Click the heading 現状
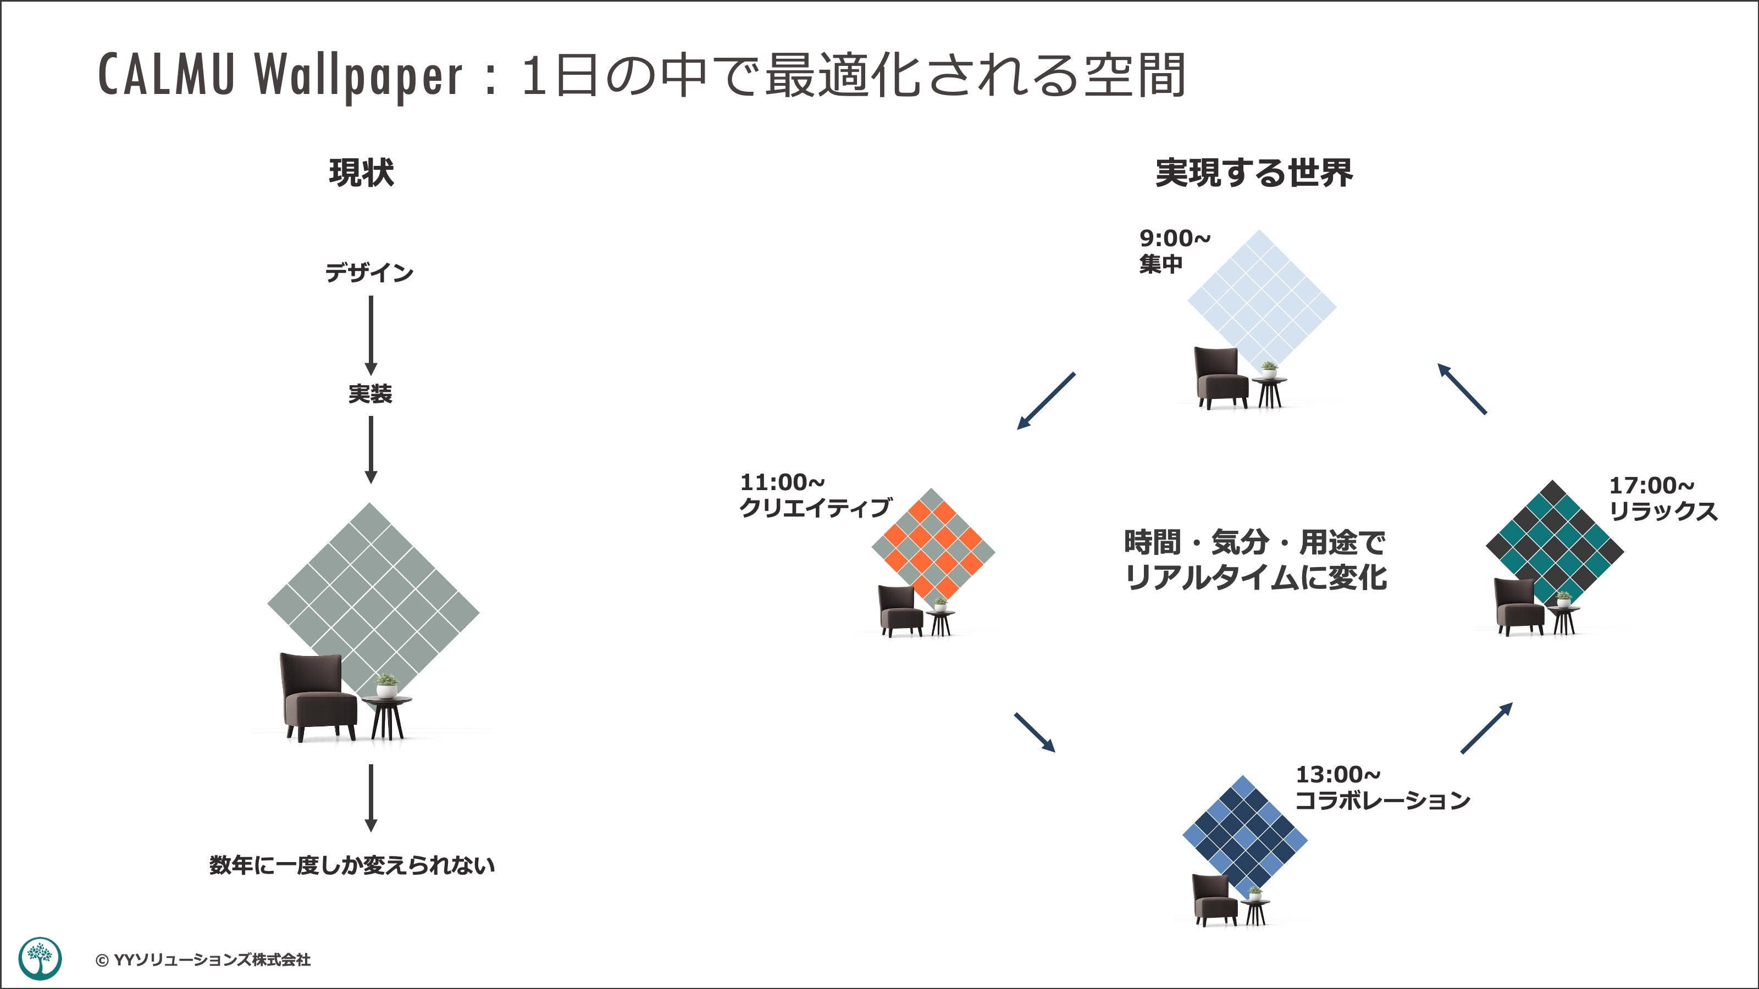coord(361,173)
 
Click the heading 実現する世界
coord(1254,173)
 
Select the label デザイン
coord(369,273)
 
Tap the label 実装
coord(370,394)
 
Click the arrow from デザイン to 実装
coord(371,335)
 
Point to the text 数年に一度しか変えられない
coord(352,865)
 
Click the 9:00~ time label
coord(1175,238)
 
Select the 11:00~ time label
coord(782,482)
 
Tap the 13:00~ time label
coord(1338,775)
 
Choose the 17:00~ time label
coord(1651,486)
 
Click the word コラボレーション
coord(1383,800)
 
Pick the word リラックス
coord(1663,511)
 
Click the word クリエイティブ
coord(815,508)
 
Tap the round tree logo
coord(40,958)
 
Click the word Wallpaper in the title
coord(358,75)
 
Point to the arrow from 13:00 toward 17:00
coord(1486,727)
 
